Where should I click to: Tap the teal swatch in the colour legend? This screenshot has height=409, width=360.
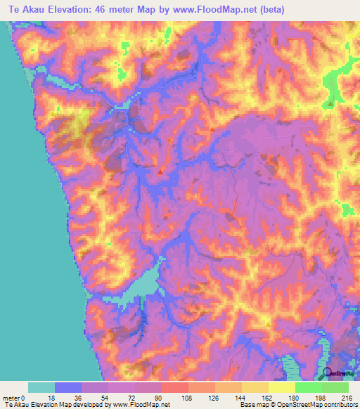[41, 387]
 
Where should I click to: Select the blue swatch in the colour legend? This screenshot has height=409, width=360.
[68, 387]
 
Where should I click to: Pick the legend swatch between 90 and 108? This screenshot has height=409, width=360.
[174, 387]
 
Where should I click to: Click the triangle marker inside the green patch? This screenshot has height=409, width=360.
[330, 103]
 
